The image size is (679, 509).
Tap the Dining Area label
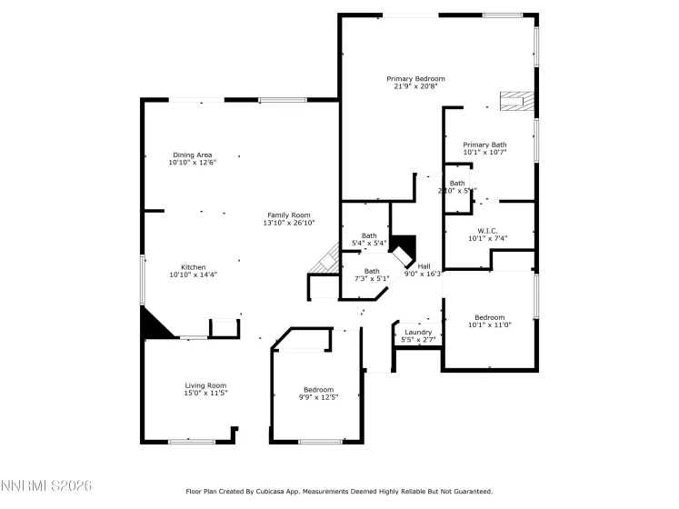pos(192,155)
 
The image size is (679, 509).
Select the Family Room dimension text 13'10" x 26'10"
pos(288,223)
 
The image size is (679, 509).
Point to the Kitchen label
pos(193,267)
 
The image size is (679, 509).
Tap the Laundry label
pos(418,333)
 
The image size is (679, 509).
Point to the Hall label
pos(424,265)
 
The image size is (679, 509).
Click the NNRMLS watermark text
pos(47,488)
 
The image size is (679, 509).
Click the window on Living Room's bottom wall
pos(191,442)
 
